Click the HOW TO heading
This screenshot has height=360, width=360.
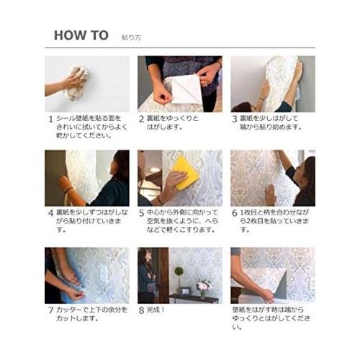pyautogui.click(x=81, y=35)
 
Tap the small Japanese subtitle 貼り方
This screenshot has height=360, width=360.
pyautogui.click(x=131, y=37)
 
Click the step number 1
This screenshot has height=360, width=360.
pyautogui.click(x=50, y=119)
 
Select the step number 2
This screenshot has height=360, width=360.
pyautogui.click(x=142, y=119)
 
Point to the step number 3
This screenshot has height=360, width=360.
pyautogui.click(x=235, y=119)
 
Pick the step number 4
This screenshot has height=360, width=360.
pyautogui.click(x=50, y=213)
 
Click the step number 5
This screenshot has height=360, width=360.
pyautogui.click(x=142, y=213)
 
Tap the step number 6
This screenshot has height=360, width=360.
pyautogui.click(x=235, y=213)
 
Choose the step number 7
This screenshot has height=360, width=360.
pyautogui.click(x=50, y=310)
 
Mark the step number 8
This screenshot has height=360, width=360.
pyautogui.click(x=142, y=310)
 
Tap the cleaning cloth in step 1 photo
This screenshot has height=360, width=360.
pyautogui.click(x=76, y=83)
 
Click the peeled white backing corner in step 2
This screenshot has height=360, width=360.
pyautogui.click(x=187, y=91)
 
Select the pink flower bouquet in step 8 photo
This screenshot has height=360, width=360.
pyautogui.click(x=204, y=285)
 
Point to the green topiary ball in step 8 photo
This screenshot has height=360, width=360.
pyautogui.click(x=179, y=271)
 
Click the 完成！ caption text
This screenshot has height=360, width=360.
pyautogui.click(x=156, y=310)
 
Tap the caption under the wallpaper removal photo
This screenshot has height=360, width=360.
pyautogui.click(x=271, y=318)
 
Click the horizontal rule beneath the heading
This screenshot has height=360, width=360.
pyautogui.click(x=180, y=48)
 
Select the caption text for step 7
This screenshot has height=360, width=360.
pyautogui.click(x=91, y=314)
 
